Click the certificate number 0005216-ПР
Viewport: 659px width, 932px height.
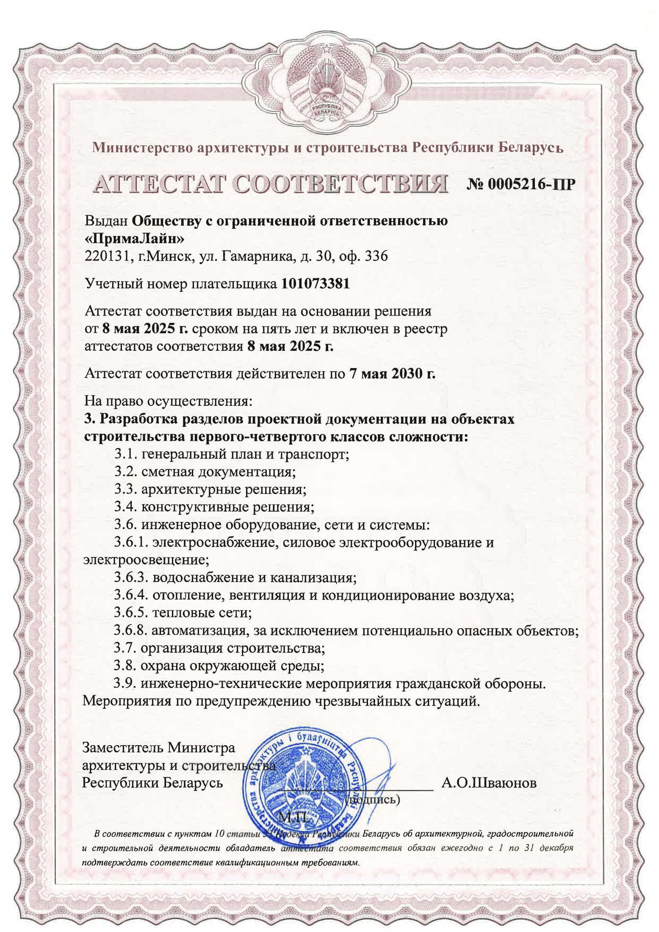click(521, 184)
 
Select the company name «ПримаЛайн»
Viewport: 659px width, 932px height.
click(135, 239)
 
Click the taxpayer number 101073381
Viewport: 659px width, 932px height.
click(316, 284)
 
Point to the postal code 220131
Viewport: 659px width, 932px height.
click(106, 256)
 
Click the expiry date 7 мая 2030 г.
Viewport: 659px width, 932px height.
click(392, 373)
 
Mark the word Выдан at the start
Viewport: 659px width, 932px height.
click(106, 221)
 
